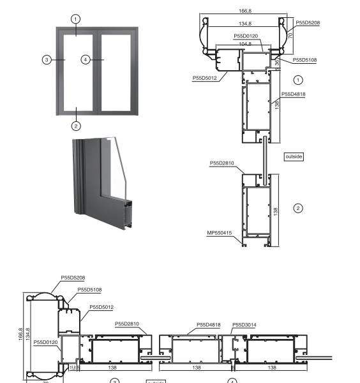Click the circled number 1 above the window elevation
(76, 19)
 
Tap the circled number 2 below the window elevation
(76, 125)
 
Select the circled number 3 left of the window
(46, 59)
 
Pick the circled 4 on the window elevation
(86, 59)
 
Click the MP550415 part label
(219, 234)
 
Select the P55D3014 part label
(244, 324)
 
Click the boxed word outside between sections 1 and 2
(293, 156)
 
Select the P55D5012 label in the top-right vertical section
(205, 79)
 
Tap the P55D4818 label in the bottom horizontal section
(208, 324)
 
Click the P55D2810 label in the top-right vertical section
(222, 163)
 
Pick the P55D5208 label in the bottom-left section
(73, 278)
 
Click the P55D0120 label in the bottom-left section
(46, 342)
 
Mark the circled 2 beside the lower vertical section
(297, 208)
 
